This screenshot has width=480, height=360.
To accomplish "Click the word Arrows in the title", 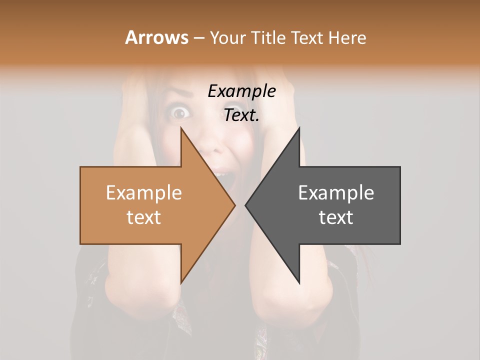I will [156, 37].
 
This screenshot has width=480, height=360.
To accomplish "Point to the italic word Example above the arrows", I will [241, 91].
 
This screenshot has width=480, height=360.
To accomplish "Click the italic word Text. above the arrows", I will [241, 115].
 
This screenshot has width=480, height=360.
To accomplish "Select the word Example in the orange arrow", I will [143, 193].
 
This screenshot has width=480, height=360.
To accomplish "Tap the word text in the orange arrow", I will [143, 217].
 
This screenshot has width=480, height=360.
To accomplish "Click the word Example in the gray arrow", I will [336, 193].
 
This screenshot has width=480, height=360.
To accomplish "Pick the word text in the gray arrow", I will [336, 217].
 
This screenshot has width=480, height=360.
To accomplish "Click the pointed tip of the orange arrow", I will [234, 205].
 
